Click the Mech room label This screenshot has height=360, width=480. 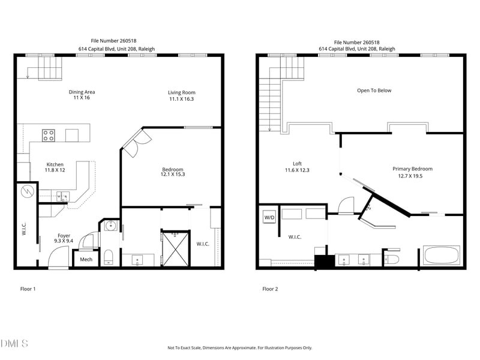(86, 260)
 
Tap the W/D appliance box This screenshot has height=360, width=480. (269, 217)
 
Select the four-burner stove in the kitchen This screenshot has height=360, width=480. (49, 136)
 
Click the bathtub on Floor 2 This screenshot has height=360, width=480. (442, 256)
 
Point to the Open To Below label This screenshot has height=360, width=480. (374, 91)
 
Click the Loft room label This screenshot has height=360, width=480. (297, 164)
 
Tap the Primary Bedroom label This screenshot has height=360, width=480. (412, 169)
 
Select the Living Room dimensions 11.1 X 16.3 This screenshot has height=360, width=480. (182, 99)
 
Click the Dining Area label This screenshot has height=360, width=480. (82, 92)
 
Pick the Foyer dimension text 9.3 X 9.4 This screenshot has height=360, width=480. (64, 241)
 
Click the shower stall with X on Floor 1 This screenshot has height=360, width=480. (176, 248)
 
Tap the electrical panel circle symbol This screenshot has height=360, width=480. (27, 192)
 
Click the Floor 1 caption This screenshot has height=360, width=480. (28, 289)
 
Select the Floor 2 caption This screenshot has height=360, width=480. (270, 289)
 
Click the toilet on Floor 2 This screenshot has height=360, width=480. (392, 258)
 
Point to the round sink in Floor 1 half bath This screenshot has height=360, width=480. (110, 226)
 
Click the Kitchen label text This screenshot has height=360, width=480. (55, 164)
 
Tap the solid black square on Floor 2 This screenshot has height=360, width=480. (325, 262)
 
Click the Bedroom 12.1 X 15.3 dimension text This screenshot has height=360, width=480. (173, 175)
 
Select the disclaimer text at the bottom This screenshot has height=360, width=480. (239, 348)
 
